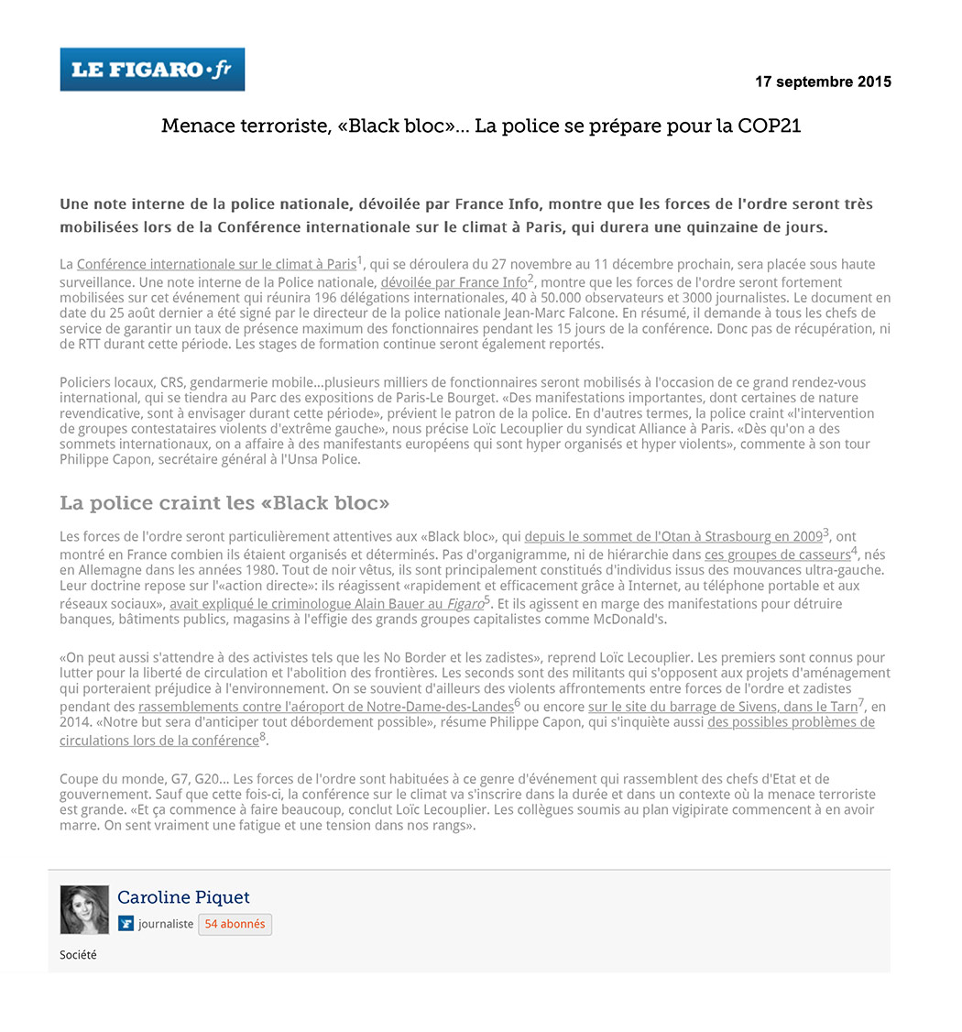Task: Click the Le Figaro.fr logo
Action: point(152,70)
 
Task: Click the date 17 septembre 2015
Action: point(822,82)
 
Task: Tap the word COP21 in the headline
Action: point(769,126)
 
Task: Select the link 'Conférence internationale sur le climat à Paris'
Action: point(216,265)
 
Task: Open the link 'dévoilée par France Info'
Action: point(454,282)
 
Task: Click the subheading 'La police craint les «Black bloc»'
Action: point(224,503)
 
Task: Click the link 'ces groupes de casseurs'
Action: point(777,554)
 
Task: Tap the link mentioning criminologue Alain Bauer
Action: point(326,604)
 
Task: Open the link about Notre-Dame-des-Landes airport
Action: point(325,707)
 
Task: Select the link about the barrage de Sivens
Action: point(722,707)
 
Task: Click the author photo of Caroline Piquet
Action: point(84,909)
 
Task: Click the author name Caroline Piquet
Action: point(183,897)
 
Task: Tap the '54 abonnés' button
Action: point(235,924)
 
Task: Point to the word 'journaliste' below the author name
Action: point(166,924)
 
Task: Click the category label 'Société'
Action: point(78,955)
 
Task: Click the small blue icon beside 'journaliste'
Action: point(126,924)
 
